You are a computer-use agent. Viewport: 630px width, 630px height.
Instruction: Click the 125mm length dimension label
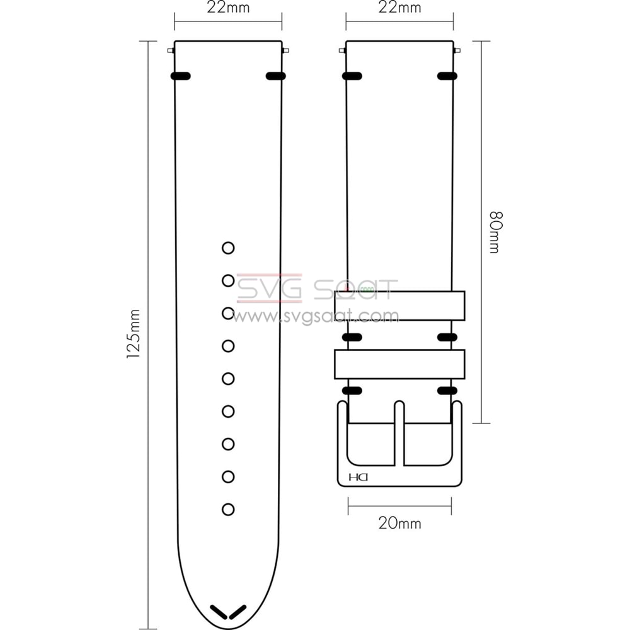click(134, 335)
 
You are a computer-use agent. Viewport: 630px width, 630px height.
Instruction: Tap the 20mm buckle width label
click(399, 524)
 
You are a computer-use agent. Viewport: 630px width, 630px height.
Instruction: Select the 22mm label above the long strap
click(228, 8)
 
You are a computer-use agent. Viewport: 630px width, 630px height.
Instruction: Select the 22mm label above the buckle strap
click(399, 8)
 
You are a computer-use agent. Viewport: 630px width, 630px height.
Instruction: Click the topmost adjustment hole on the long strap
click(228, 248)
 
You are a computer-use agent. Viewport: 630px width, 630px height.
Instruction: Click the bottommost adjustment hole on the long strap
click(228, 509)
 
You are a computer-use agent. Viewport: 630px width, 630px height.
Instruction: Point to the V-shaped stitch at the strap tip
click(228, 611)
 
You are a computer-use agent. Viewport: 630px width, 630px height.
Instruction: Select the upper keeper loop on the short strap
click(399, 306)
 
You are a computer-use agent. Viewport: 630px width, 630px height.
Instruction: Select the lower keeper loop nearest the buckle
click(399, 364)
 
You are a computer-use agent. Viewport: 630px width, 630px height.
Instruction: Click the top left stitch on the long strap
click(181, 76)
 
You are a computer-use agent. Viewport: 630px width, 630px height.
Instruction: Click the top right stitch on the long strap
click(276, 76)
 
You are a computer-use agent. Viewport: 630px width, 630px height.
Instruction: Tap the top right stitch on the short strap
click(447, 76)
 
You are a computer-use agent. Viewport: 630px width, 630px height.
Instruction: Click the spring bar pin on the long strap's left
click(171, 50)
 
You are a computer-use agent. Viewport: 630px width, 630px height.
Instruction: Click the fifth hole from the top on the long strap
click(228, 379)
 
